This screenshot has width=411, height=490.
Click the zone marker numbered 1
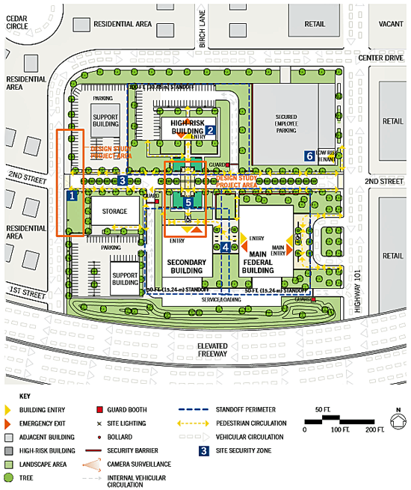click(x=72, y=196)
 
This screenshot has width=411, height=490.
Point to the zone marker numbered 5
click(x=189, y=203)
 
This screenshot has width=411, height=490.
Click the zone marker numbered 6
click(x=309, y=156)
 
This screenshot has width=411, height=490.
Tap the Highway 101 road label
click(x=357, y=281)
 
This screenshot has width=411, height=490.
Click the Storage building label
click(x=115, y=212)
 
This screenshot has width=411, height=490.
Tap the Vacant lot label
click(x=390, y=23)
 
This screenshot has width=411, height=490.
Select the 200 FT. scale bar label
click(x=369, y=429)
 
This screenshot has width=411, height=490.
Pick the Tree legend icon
click(x=10, y=477)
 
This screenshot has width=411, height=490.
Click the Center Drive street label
click(x=380, y=57)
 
